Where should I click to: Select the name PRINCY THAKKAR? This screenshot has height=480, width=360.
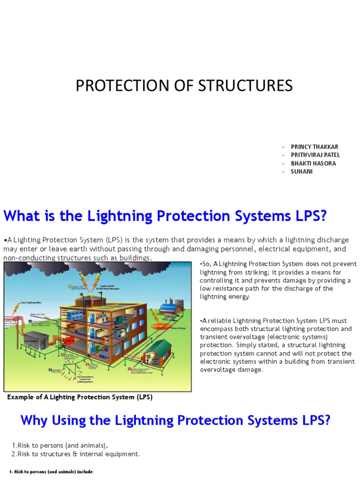(314, 147)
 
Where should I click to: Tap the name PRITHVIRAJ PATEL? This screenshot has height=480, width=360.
(315, 155)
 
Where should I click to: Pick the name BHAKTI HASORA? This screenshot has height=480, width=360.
(313, 164)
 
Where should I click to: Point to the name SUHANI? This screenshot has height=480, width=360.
(301, 172)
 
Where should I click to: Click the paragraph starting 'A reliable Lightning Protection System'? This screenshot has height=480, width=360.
(277, 345)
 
